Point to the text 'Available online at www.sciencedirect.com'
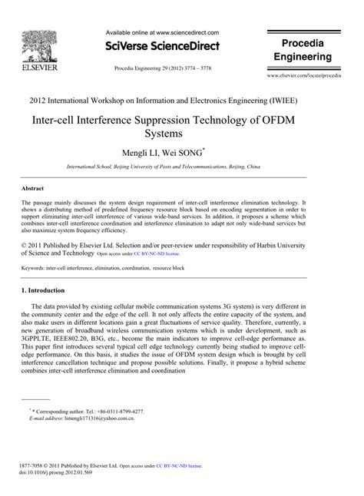161,33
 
